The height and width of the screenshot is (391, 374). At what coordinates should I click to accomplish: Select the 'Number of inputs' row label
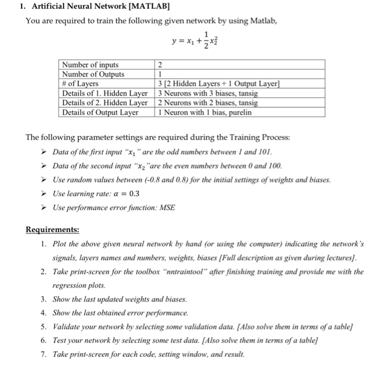(90, 65)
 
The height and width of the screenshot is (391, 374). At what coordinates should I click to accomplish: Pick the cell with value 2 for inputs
(160, 65)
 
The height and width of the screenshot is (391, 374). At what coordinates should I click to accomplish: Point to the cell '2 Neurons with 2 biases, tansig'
(208, 103)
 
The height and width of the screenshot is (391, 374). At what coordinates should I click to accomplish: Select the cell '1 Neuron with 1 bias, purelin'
(205, 112)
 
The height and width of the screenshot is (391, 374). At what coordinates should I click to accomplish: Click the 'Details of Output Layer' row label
(100, 112)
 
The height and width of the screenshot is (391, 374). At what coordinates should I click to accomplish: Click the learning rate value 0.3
(134, 194)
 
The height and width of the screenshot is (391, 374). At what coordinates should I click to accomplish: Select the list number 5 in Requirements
(44, 325)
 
